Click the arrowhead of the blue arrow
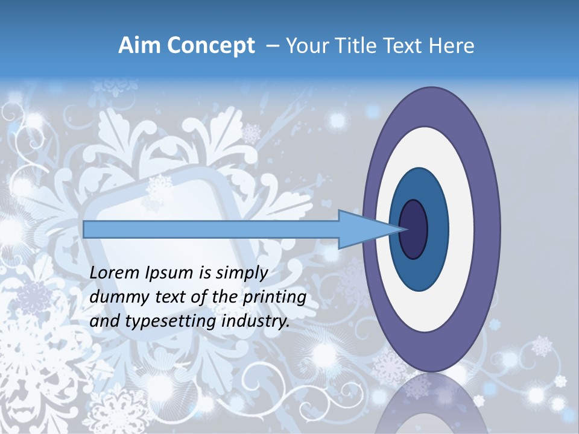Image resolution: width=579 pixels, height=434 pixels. tap(362, 229)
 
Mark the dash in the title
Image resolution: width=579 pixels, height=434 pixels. tap(272, 46)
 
